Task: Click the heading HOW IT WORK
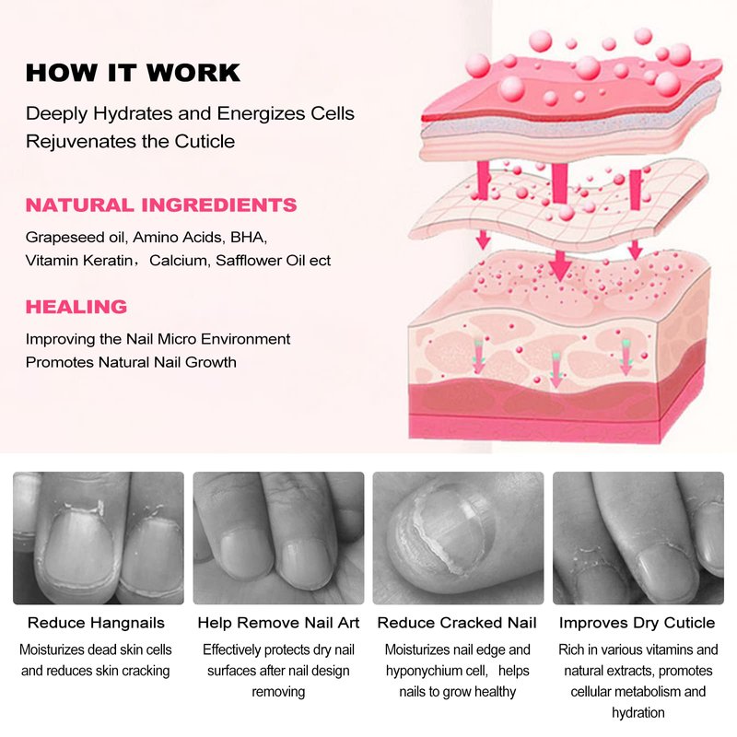pos(133,73)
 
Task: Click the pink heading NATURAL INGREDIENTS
pos(161,205)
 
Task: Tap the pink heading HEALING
pos(76,307)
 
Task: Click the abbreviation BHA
pos(248,238)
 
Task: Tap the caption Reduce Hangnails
pos(97,623)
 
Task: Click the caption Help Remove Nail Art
pos(278,623)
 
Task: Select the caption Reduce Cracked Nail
pos(457,623)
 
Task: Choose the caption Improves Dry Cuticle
pos(637,623)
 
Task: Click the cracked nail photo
pos(458,538)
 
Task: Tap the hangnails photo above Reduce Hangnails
pos(99,538)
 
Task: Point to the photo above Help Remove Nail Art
pos(279,538)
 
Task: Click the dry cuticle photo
pos(638,538)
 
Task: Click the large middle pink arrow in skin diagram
pos(560,222)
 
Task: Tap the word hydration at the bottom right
pos(638,713)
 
